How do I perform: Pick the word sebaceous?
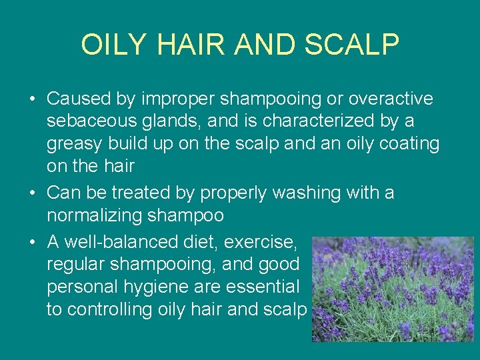coord(87,121)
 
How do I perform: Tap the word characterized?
coord(326,121)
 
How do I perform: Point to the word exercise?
coord(262,241)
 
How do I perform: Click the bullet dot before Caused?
coord(33,100)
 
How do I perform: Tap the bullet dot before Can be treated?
coord(33,194)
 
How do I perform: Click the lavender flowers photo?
coord(393,289)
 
